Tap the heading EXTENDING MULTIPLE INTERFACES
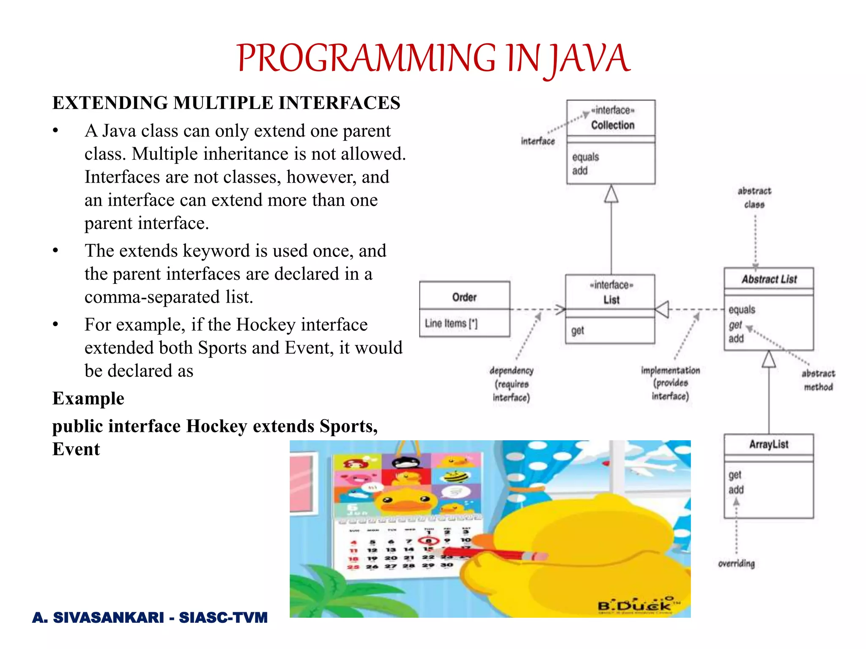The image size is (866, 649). click(226, 103)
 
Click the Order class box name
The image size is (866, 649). click(464, 297)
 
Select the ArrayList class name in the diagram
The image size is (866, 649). click(768, 444)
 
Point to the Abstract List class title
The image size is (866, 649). click(769, 279)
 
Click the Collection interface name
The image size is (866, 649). click(612, 125)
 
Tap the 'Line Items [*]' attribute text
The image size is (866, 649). click(451, 323)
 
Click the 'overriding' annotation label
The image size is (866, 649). click(736, 563)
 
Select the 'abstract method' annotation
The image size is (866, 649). click(818, 380)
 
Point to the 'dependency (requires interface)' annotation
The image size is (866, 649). click(511, 384)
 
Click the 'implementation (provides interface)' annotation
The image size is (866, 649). click(670, 383)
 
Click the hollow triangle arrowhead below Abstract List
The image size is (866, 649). click(769, 360)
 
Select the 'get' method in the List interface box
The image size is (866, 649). click(578, 330)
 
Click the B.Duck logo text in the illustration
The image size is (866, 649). click(634, 605)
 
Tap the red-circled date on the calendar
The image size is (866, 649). click(428, 540)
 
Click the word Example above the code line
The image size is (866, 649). click(88, 398)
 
